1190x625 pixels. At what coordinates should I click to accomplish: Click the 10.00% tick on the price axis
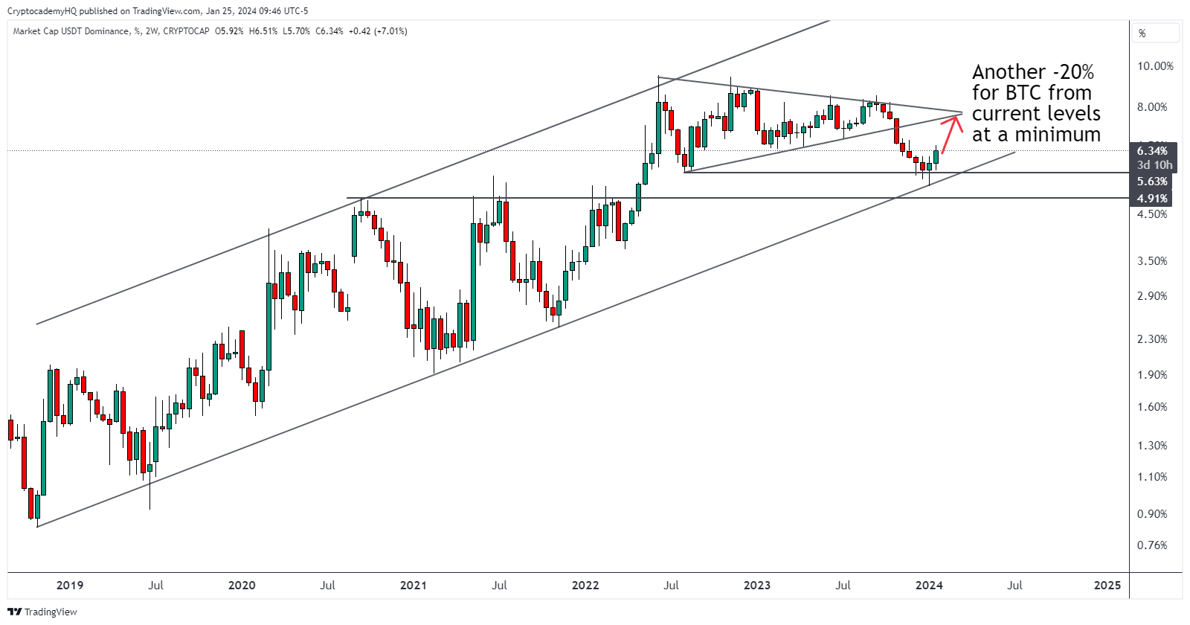(x=1155, y=66)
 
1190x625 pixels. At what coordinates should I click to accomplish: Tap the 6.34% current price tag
(x=1152, y=151)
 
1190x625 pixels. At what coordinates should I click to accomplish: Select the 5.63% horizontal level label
(x=1152, y=182)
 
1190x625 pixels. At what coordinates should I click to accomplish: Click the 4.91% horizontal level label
(x=1152, y=199)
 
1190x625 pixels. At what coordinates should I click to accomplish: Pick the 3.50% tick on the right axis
(x=1152, y=261)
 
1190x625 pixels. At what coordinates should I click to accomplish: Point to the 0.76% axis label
(x=1152, y=545)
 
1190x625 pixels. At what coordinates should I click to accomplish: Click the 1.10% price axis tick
(x=1152, y=477)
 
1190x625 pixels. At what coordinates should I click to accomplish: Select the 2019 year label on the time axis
(x=70, y=586)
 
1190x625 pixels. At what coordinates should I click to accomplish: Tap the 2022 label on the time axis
(x=585, y=586)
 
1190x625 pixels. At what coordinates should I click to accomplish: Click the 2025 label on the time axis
(x=1107, y=586)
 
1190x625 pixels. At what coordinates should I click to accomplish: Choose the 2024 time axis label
(x=929, y=586)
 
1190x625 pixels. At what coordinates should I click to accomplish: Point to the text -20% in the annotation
(x=1073, y=72)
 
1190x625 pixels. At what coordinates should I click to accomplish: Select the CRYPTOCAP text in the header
(x=186, y=31)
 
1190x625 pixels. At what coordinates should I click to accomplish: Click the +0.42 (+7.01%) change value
(x=378, y=31)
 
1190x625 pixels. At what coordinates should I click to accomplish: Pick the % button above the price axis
(x=1142, y=33)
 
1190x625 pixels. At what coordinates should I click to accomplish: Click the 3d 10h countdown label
(x=1154, y=165)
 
